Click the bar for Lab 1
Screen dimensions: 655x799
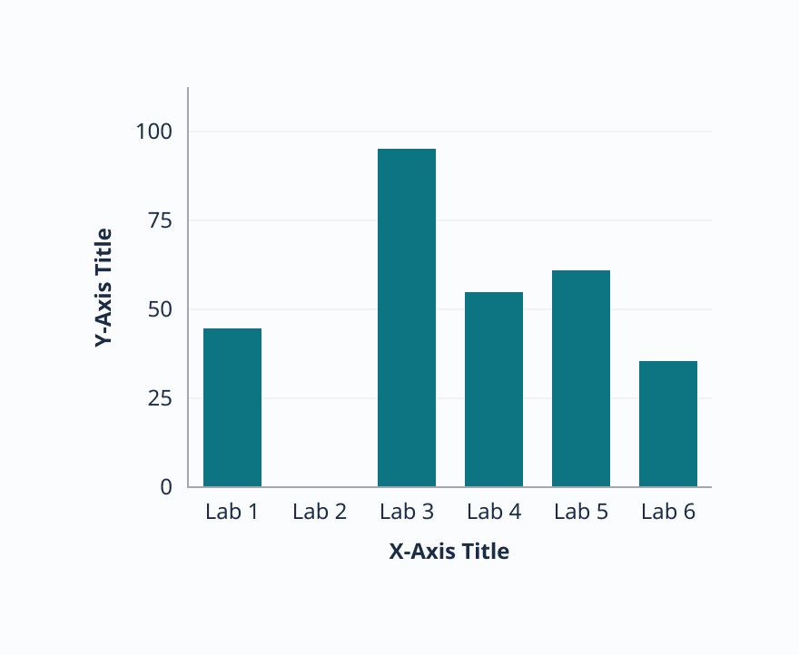232,407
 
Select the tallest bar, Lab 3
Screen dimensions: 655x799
407,318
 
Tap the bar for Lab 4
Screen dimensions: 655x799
494,389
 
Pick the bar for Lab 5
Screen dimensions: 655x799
581,378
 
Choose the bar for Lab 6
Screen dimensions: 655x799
668,424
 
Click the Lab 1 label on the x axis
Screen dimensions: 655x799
232,512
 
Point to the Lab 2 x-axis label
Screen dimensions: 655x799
320,512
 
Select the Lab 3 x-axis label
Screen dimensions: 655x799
407,512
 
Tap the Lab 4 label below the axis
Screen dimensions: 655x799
494,512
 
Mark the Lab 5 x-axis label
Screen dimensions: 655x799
581,512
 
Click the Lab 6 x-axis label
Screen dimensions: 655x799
668,512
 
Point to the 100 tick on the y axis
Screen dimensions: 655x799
154,132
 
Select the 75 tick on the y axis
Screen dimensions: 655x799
160,220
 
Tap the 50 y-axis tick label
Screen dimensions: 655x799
160,309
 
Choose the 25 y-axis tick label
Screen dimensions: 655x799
160,398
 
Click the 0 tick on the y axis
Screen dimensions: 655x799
166,487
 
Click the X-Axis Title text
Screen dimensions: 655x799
449,552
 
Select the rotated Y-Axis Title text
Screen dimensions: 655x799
104,288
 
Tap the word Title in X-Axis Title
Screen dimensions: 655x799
486,552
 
